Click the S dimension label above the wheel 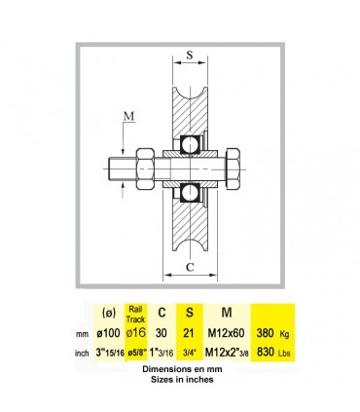tap(190, 55)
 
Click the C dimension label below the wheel tap(190, 267)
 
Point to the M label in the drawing tap(129, 116)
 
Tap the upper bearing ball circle tap(190, 144)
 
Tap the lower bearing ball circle tap(190, 193)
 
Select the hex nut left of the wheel tap(145, 169)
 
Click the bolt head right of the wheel tap(233, 169)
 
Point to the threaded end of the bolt tap(122, 169)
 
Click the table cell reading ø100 tap(109, 333)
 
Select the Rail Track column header tap(135, 314)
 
